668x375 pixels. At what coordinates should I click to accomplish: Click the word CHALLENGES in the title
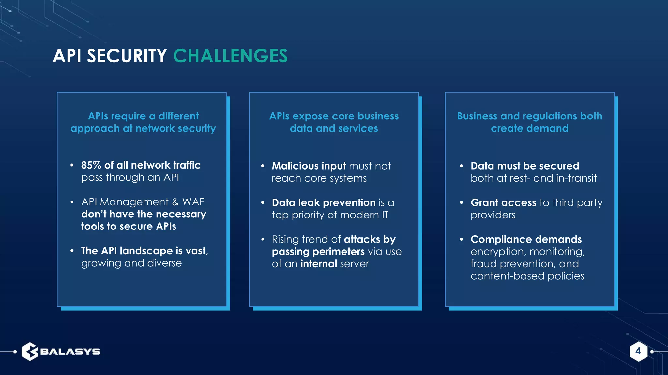click(230, 56)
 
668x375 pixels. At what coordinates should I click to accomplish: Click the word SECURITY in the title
click(127, 56)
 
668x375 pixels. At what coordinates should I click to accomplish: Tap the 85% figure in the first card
click(91, 165)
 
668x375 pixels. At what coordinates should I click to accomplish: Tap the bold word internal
click(318, 264)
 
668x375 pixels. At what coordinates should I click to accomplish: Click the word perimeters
click(339, 252)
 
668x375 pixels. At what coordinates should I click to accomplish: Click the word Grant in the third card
click(484, 203)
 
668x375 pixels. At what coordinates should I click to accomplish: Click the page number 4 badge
click(638, 351)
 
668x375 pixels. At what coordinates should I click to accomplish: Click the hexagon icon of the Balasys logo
click(30, 352)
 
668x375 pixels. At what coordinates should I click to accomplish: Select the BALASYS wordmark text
click(70, 352)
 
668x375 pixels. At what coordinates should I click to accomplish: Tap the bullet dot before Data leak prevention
click(263, 203)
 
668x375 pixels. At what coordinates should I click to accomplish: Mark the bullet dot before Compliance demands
click(461, 239)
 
